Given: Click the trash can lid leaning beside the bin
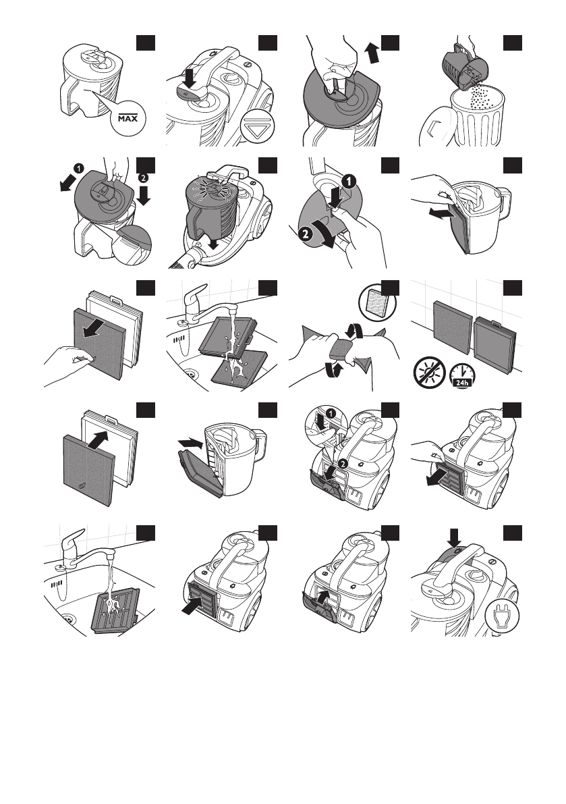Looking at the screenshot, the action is [x=432, y=128].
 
